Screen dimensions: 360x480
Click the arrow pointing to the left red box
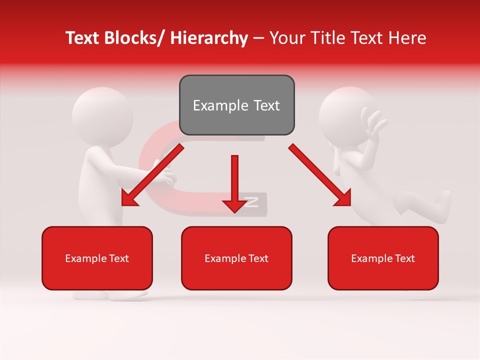pos(152,175)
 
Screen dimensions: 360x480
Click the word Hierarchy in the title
pos(208,38)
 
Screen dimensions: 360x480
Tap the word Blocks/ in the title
pos(135,38)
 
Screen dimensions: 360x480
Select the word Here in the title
pos(407,38)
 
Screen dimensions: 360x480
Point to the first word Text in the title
pos(82,38)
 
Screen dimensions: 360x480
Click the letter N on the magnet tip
pos(251,202)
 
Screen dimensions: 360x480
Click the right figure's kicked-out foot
pos(443,199)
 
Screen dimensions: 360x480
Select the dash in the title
pos(258,38)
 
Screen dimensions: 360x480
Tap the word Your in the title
pos(286,38)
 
